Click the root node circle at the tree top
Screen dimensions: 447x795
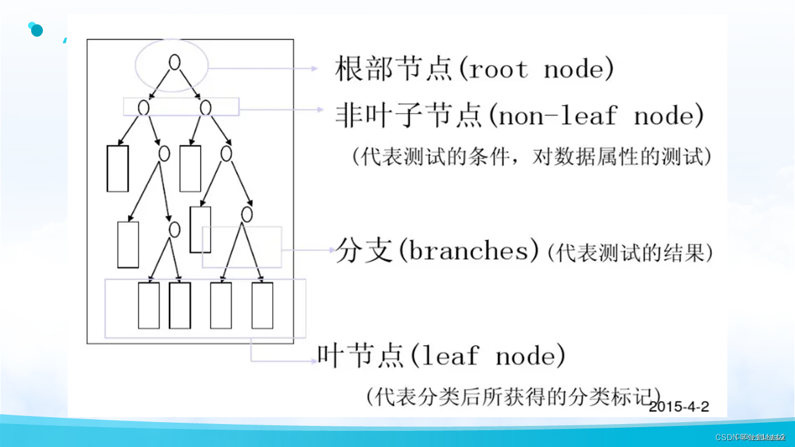point(175,62)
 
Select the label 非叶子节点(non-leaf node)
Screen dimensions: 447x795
point(519,115)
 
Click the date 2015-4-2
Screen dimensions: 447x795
point(679,408)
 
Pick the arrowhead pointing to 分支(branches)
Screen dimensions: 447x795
point(331,251)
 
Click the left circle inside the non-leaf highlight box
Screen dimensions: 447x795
point(143,107)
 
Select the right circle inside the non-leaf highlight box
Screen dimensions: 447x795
point(206,107)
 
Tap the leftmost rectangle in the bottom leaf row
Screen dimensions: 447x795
point(148,305)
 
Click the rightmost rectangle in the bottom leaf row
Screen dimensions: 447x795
point(262,305)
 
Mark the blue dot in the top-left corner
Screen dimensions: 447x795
point(37,30)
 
